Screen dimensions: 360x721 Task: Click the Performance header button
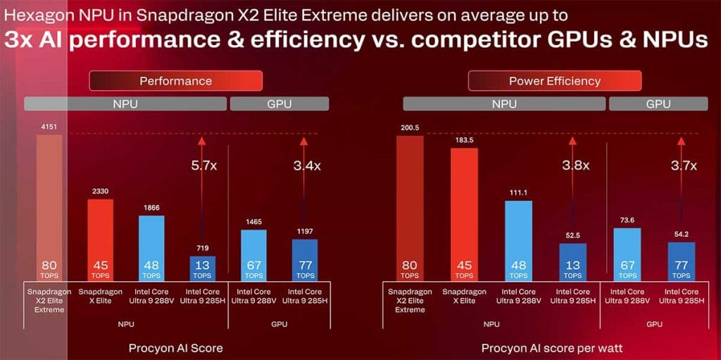click(175, 81)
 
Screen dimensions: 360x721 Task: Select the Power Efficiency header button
click(554, 81)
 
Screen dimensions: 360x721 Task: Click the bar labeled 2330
click(100, 240)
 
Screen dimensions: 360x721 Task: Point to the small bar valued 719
click(202, 268)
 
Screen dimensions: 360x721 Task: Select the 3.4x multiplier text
click(306, 166)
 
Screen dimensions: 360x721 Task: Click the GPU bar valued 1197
click(304, 260)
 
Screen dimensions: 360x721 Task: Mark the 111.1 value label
click(518, 192)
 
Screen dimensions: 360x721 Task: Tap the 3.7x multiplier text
click(684, 166)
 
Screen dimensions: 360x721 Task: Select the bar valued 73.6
click(627, 254)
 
